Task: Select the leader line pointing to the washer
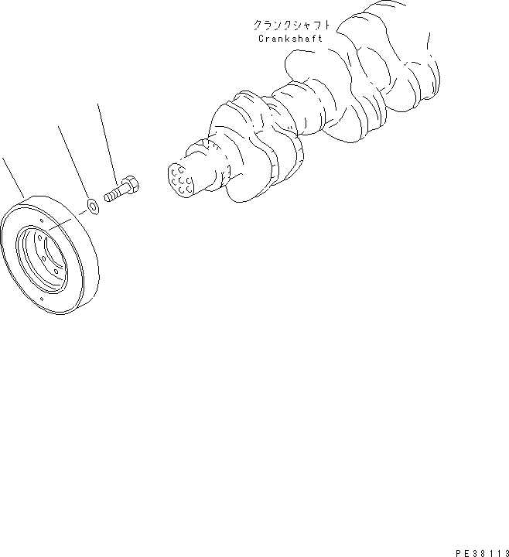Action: [x=74, y=162]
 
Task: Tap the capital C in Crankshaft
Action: [x=258, y=38]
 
